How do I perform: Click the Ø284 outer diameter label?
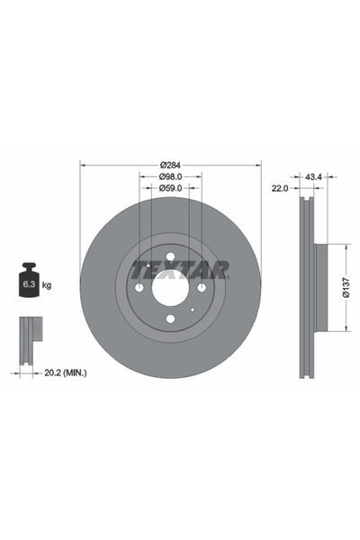(x=171, y=164)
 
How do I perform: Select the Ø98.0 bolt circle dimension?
(x=171, y=176)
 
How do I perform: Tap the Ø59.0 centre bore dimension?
(x=171, y=189)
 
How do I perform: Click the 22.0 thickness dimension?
(x=279, y=189)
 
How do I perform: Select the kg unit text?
(x=47, y=285)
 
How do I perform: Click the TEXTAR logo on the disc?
(x=180, y=268)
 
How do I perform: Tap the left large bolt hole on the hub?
(x=139, y=288)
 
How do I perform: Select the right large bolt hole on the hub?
(x=201, y=288)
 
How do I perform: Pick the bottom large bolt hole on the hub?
(x=170, y=319)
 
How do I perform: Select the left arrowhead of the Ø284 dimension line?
(x=83, y=164)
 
